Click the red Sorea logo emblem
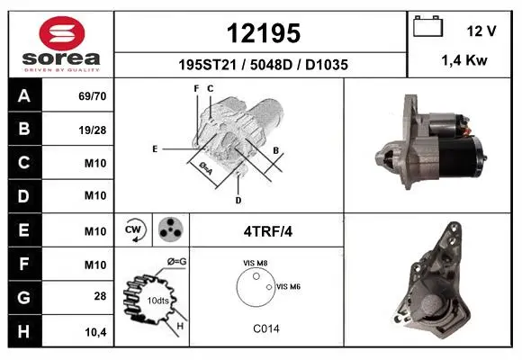coord(62,33)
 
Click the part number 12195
coord(264,33)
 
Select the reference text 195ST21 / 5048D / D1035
coord(264,65)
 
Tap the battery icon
coord(427,26)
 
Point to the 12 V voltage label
coord(481,31)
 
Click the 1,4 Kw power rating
coord(464,60)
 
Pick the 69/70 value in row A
coord(93,96)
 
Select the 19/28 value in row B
coord(93,130)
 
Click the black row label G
coord(25,297)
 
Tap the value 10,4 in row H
coord(95,332)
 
